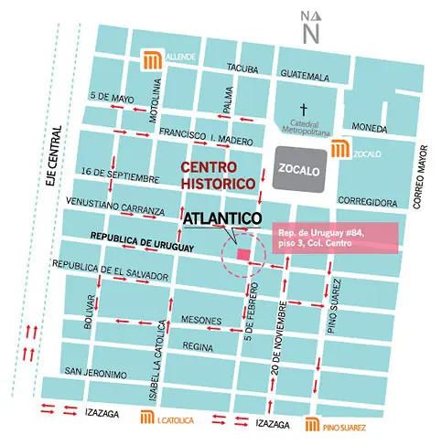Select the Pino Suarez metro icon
[x=312, y=424]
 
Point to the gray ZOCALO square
[x=297, y=168]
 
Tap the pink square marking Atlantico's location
[x=244, y=254]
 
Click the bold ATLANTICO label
[x=222, y=219]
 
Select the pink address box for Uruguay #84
[x=335, y=240]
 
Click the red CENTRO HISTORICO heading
[x=217, y=175]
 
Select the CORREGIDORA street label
[x=366, y=201]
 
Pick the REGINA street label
[x=198, y=346]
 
